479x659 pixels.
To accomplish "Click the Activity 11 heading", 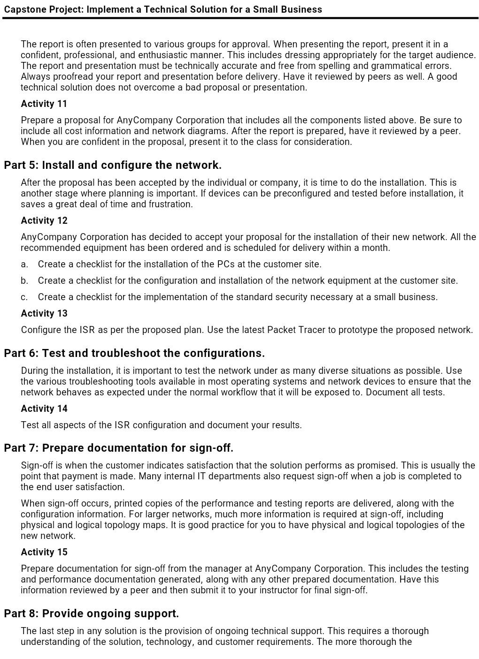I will coord(44,104).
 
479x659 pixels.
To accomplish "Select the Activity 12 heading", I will coord(44,220).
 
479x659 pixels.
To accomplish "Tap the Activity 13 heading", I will coord(44,313).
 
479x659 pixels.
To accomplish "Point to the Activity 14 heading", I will coord(44,409).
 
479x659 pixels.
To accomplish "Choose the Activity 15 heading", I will coord(44,552).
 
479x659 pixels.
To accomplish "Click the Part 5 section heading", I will coord(113,165).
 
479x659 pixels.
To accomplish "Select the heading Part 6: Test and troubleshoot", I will coord(134,353).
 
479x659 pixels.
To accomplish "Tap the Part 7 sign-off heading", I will coord(118,448).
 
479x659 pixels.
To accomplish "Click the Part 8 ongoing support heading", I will coord(91,614).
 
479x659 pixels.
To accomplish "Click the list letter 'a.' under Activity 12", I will coord(24,264).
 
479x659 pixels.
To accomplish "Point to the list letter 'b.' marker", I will coord(24,280).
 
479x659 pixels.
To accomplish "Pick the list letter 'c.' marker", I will coord(24,297).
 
